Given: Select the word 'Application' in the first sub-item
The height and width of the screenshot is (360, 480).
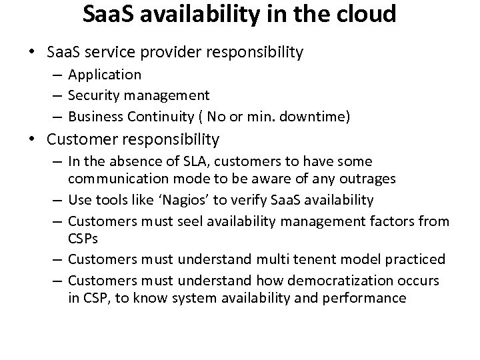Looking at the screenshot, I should (105, 75).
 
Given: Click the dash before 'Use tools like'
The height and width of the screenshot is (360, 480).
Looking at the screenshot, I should (59, 199).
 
